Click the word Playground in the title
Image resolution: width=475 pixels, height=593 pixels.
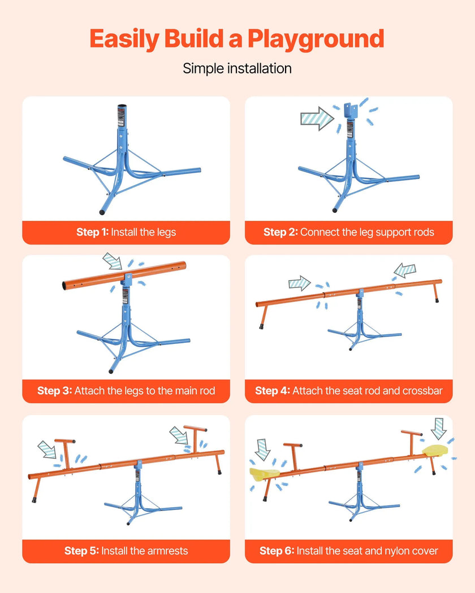tap(316, 40)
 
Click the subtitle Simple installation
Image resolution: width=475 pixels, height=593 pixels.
tap(237, 68)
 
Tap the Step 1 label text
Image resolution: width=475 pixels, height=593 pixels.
tap(92, 232)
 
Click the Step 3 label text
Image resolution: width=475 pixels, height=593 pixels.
tap(54, 390)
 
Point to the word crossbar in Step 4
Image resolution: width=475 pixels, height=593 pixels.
tap(422, 390)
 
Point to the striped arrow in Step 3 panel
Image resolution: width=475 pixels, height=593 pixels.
tap(113, 261)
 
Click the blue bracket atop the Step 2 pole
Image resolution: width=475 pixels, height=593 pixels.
tap(351, 111)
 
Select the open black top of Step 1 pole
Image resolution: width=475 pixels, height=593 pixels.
tap(122, 106)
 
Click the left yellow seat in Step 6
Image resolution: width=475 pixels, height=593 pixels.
tap(265, 473)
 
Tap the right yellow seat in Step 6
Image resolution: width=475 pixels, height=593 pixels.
tap(435, 450)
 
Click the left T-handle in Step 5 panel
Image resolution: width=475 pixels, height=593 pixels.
tap(66, 454)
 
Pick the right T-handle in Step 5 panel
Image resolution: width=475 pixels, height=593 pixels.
tap(195, 439)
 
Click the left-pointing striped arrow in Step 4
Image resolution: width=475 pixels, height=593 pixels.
tap(405, 270)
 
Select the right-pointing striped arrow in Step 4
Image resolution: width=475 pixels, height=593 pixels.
tap(300, 283)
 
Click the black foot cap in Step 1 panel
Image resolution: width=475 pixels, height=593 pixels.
tap(102, 212)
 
